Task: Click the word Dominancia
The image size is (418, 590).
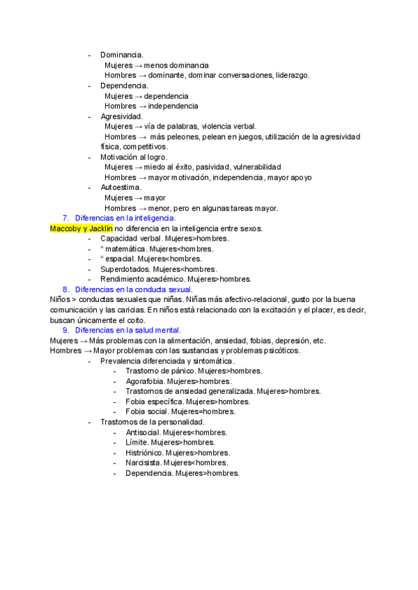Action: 122,54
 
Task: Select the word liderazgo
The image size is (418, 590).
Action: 293,75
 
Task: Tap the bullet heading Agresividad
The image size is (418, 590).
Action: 121,116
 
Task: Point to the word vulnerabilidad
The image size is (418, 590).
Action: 255,167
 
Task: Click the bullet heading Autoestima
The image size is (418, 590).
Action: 121,187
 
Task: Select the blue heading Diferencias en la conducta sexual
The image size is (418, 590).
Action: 134,289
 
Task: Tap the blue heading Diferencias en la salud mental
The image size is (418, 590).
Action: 128,330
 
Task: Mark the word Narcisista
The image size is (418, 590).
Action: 143,463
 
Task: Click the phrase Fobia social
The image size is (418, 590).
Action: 146,412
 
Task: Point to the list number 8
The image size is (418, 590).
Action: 65,289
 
